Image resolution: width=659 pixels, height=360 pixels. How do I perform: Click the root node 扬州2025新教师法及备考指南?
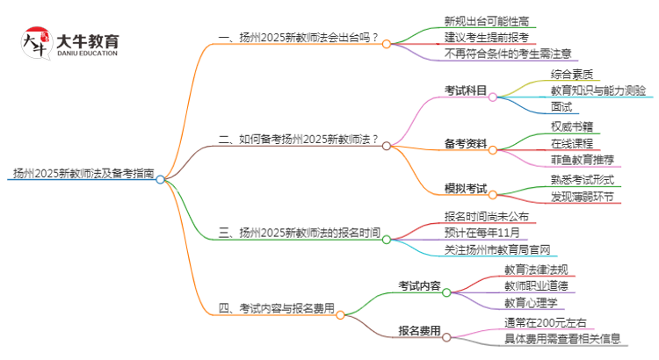[x=82, y=174]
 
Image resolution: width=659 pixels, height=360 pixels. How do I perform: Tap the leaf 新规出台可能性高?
[x=487, y=20]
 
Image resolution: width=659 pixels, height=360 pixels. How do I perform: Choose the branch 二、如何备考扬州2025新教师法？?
[x=299, y=140]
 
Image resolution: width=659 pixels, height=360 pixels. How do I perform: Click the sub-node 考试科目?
[x=467, y=90]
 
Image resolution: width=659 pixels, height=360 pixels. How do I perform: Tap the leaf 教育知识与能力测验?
[x=598, y=90]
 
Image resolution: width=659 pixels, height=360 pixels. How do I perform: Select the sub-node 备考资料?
[x=467, y=143]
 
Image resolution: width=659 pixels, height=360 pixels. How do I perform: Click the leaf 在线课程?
[x=572, y=143]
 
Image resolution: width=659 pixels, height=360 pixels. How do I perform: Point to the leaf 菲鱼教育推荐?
[x=583, y=160]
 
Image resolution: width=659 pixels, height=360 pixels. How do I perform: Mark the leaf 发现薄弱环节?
[x=583, y=197]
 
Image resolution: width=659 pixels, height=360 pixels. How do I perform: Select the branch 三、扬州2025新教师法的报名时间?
[x=299, y=234]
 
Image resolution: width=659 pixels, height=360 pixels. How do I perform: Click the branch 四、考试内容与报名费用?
[x=276, y=308]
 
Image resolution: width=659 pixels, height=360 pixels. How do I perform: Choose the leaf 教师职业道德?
[x=536, y=285]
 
